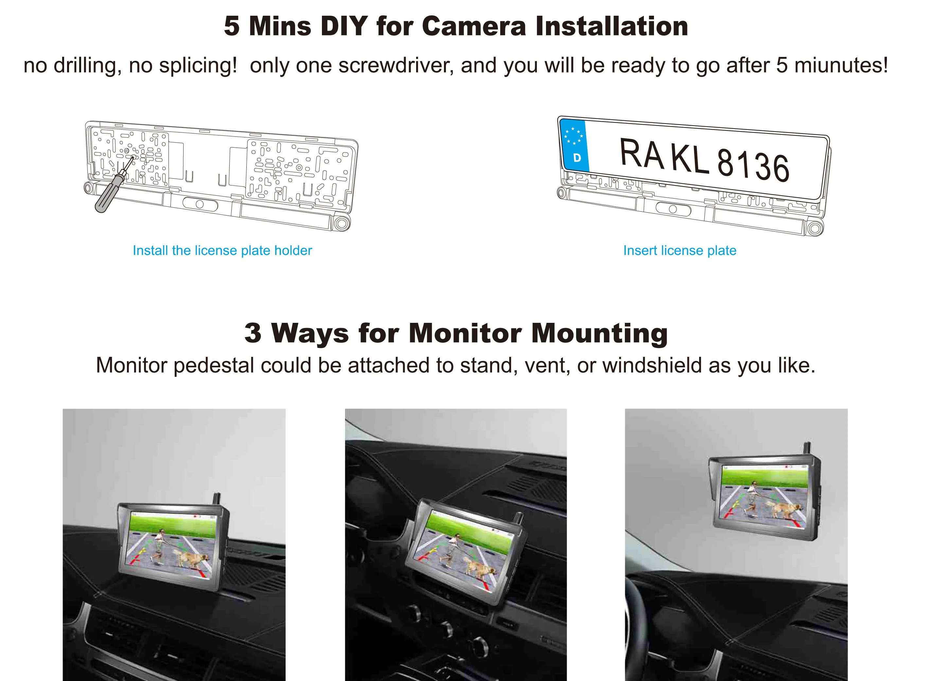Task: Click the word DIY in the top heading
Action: (344, 26)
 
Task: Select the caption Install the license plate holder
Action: (222, 250)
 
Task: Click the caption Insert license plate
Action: (680, 250)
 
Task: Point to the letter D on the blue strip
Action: (577, 157)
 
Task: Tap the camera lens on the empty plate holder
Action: (200, 204)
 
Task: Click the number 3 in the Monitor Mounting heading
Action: (253, 333)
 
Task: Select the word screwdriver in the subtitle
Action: (396, 65)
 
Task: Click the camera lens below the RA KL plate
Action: (673, 209)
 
